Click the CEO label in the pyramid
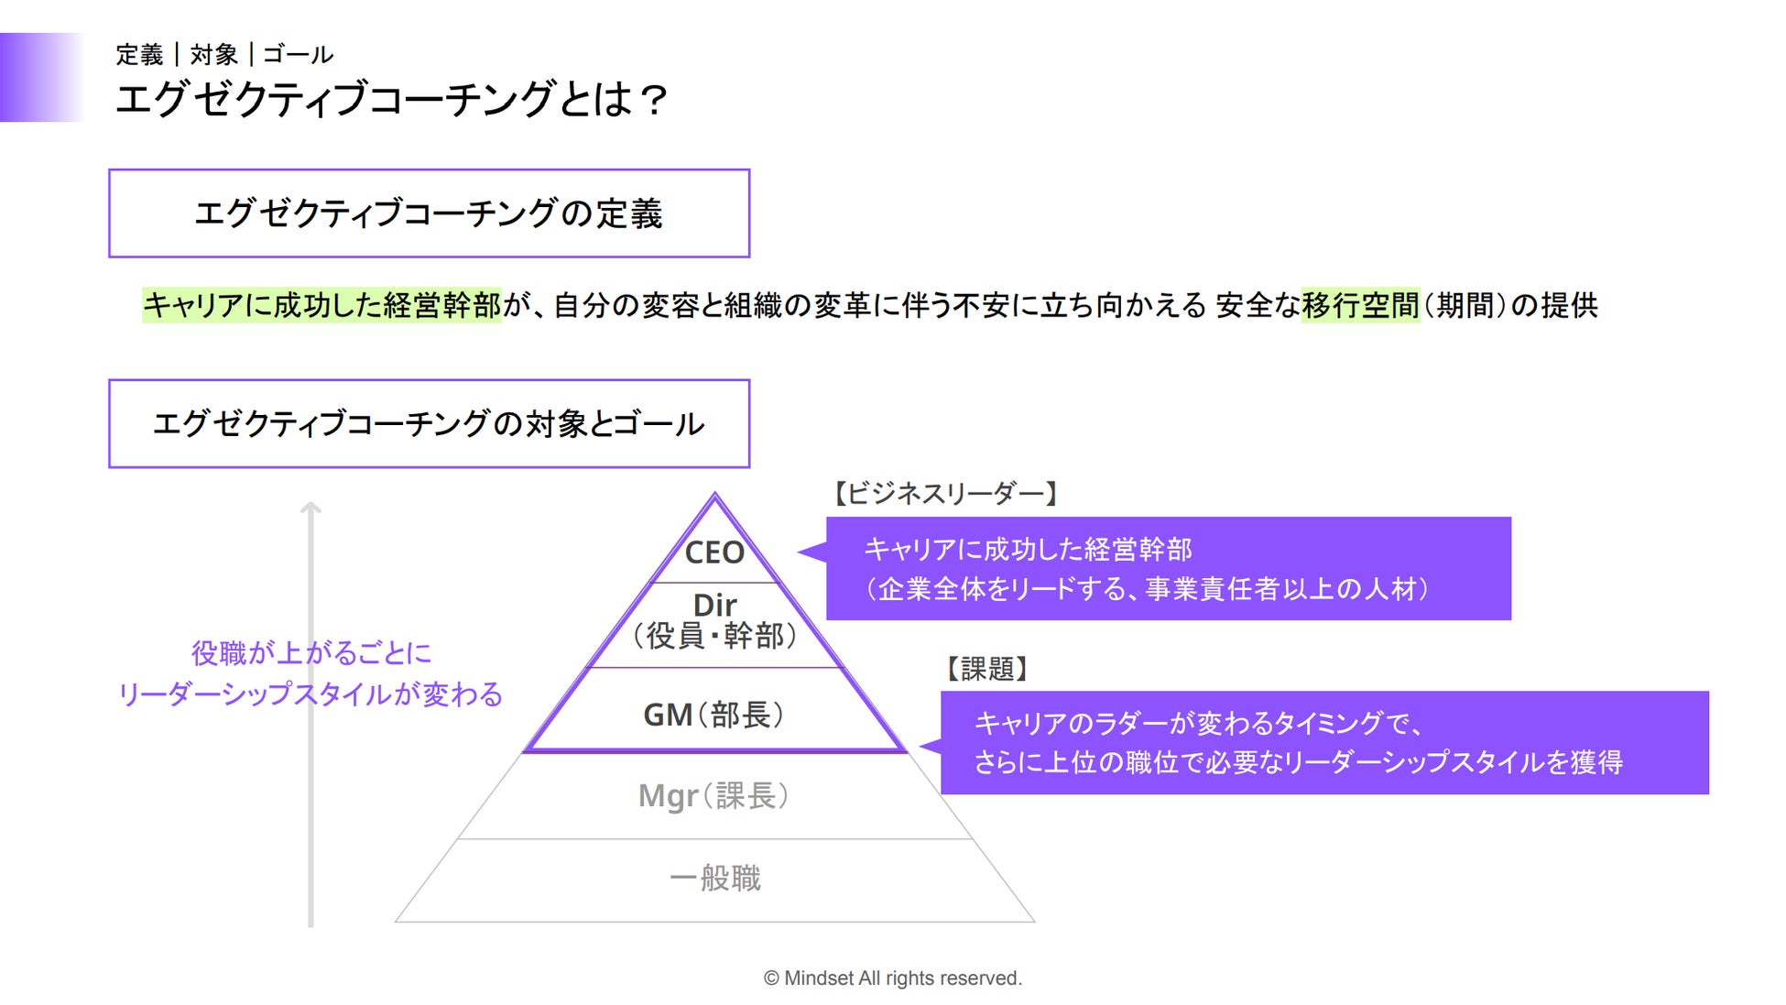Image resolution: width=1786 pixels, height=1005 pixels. (x=714, y=552)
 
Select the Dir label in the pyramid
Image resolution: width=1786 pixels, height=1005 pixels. (x=714, y=605)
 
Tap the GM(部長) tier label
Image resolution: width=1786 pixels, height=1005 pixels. (x=714, y=715)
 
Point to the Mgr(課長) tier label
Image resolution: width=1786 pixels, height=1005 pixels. (x=714, y=795)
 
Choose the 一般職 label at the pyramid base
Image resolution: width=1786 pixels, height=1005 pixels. (x=714, y=878)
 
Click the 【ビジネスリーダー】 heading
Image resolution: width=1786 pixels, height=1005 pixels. (x=945, y=494)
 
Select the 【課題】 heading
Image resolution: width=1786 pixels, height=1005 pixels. (x=986, y=669)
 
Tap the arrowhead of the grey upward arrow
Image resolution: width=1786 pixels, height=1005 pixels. (x=310, y=507)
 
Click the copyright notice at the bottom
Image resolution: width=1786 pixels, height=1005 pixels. (x=893, y=978)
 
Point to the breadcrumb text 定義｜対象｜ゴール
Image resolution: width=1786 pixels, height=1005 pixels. (x=224, y=55)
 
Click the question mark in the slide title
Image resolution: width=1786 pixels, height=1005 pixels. (x=654, y=100)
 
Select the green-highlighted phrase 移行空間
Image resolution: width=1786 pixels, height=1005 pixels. (x=1360, y=305)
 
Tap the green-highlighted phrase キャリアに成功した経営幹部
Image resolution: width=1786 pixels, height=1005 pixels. (x=321, y=305)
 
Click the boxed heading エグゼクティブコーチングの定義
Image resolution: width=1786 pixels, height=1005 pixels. (x=429, y=213)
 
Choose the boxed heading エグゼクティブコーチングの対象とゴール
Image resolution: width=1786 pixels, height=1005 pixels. (x=429, y=424)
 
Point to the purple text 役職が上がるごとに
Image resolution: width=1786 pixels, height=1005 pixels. (x=310, y=653)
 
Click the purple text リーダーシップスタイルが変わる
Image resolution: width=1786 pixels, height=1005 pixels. (x=310, y=694)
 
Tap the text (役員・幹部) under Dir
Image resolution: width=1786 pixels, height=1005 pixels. (x=714, y=636)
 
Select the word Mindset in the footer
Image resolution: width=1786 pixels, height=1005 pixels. (x=818, y=978)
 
